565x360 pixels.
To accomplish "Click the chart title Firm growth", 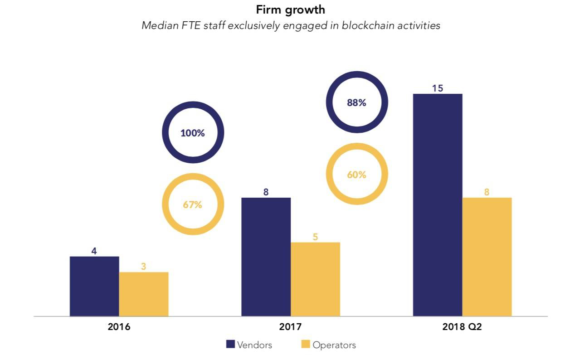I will [291, 10].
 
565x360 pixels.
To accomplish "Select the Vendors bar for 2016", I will [94, 286].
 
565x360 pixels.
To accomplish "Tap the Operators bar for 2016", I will [144, 294].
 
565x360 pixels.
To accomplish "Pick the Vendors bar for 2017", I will [266, 257].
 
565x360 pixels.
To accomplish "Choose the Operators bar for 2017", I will [315, 279].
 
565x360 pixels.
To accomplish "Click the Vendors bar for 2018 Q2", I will [438, 204].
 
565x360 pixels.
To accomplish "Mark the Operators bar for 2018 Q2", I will [487, 257].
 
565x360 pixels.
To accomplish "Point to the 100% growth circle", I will [193, 133].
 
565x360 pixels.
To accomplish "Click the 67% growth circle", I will [193, 204].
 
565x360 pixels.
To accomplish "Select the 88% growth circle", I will [357, 102].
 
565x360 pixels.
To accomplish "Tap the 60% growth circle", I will [357, 175].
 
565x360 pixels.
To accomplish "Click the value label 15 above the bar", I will [438, 88].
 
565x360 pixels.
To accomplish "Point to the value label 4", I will [94, 251].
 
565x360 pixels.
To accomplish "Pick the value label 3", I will [144, 267].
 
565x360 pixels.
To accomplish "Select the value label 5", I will [315, 237].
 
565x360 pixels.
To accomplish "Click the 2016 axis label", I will [119, 327].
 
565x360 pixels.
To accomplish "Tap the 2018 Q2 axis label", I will [462, 327].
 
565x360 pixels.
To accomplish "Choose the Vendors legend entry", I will [249, 345].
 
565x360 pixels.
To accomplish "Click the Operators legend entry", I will [328, 345].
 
